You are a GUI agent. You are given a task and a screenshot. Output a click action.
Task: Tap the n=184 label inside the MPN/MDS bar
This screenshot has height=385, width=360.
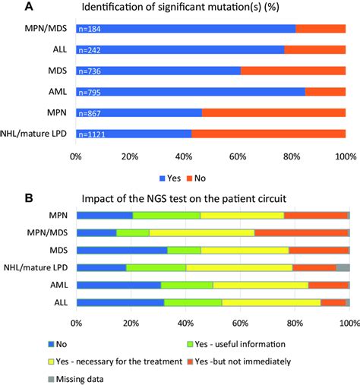(91, 29)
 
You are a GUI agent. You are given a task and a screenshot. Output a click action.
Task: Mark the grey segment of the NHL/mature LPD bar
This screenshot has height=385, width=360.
(343, 267)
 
